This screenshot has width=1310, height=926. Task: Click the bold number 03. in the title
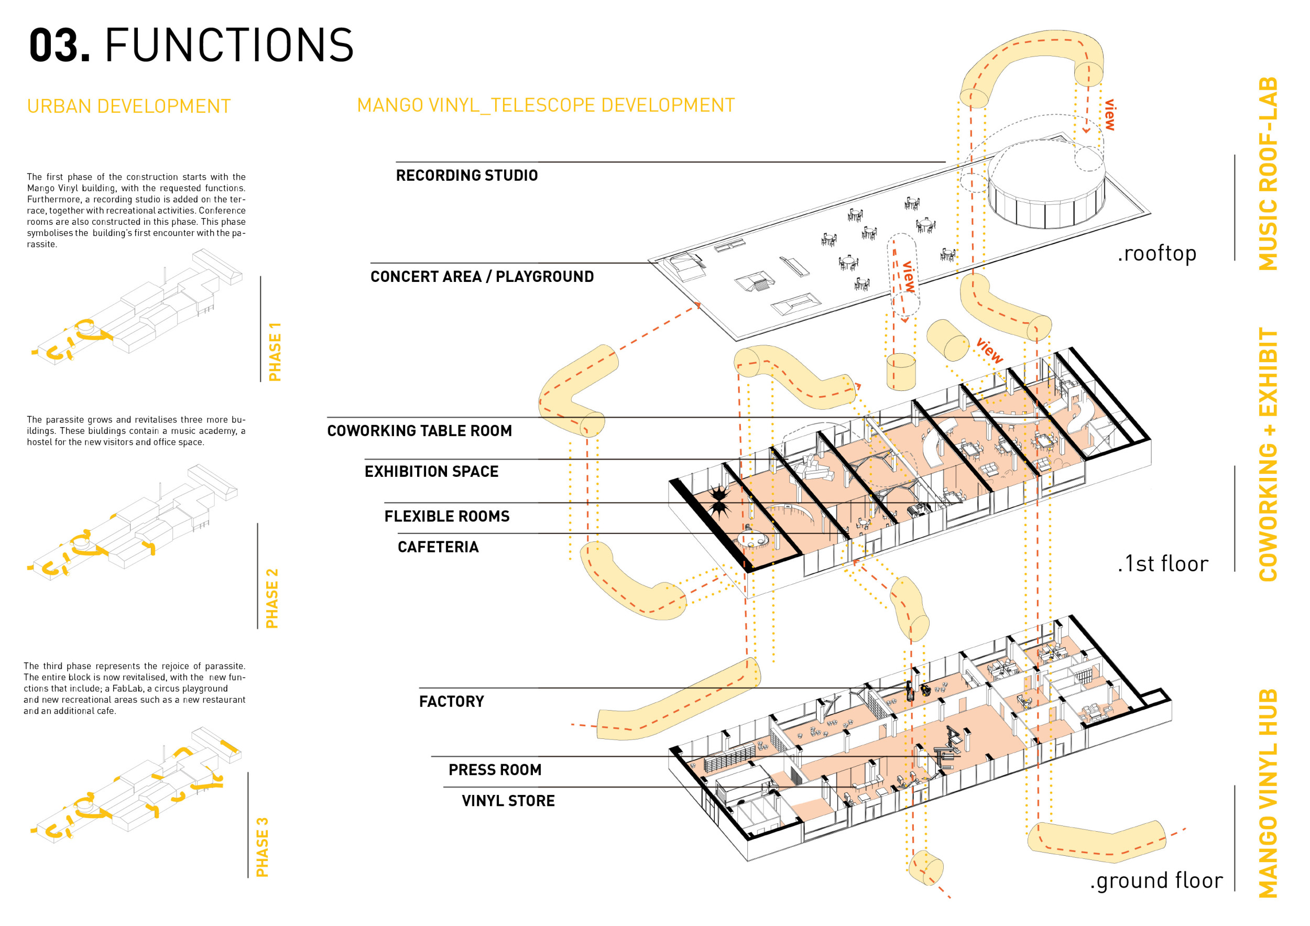click(59, 46)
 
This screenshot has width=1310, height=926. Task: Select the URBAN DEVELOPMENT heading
click(129, 107)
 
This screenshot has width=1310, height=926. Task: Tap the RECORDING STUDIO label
click(467, 176)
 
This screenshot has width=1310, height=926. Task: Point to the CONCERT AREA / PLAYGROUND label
click(482, 277)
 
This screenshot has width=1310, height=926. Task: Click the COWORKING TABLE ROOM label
click(419, 431)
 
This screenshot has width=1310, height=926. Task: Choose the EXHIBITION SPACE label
click(431, 472)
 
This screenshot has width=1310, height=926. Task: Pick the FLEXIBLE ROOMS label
click(447, 517)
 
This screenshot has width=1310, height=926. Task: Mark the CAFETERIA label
click(438, 548)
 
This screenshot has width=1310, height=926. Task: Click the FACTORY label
click(451, 702)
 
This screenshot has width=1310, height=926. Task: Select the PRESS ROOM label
click(495, 771)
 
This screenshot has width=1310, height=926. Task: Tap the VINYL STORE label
click(508, 802)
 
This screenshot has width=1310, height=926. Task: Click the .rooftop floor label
click(1156, 254)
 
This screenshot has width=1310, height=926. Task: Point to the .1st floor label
click(1163, 565)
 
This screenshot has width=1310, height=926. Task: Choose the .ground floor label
click(1156, 881)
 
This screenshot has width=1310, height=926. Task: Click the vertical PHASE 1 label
click(275, 352)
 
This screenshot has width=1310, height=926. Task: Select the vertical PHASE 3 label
click(263, 848)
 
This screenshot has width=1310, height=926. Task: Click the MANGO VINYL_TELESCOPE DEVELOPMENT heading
click(545, 105)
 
